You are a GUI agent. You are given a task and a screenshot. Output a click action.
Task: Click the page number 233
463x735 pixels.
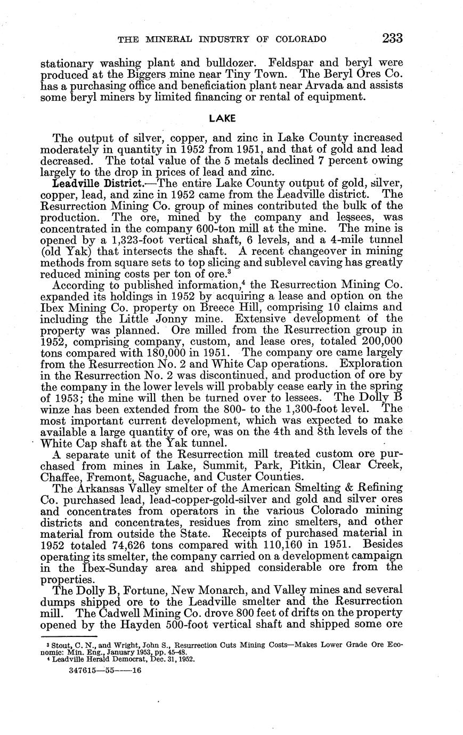point(392,38)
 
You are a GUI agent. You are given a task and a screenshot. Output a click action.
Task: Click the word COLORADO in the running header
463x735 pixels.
point(300,39)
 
